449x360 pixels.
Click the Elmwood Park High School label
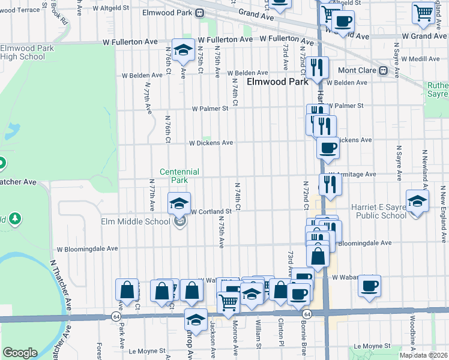click(22, 52)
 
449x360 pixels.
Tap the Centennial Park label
click(179, 176)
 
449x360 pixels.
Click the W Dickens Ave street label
click(211, 143)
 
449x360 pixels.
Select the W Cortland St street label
click(211, 212)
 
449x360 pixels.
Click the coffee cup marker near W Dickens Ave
click(328, 148)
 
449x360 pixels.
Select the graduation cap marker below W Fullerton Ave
click(182, 51)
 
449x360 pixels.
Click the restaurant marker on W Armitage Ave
click(330, 184)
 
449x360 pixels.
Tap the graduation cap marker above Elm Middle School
click(179, 204)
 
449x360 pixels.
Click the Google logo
click(20, 352)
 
